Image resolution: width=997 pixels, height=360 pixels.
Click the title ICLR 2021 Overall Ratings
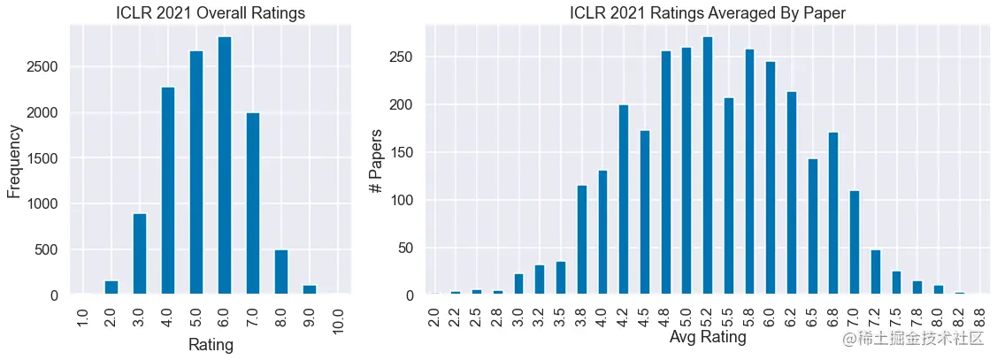click(211, 12)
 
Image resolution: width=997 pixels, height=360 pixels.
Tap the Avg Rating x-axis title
click(708, 337)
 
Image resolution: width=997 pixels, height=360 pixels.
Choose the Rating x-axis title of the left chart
click(211, 345)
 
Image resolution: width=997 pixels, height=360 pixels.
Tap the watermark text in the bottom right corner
click(914, 339)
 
